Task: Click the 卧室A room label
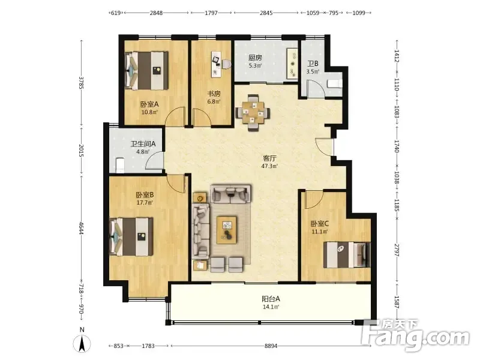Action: [149, 104]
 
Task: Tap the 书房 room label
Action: [214, 94]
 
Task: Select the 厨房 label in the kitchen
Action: [255, 58]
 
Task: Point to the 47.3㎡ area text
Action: [269, 166]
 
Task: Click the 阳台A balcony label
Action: [271, 299]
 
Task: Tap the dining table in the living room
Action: [253, 113]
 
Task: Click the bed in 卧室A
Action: [147, 71]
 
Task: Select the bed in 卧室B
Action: [131, 236]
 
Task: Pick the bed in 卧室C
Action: [347, 254]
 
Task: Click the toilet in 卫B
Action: [334, 83]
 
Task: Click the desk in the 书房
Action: [216, 64]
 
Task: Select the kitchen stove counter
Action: [292, 64]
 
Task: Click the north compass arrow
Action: [82, 343]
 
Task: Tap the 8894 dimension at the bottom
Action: [271, 346]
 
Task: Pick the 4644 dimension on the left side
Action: [81, 229]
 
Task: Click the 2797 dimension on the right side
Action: [397, 250]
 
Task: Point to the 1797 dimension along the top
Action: [211, 13]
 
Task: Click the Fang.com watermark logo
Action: [415, 336]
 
